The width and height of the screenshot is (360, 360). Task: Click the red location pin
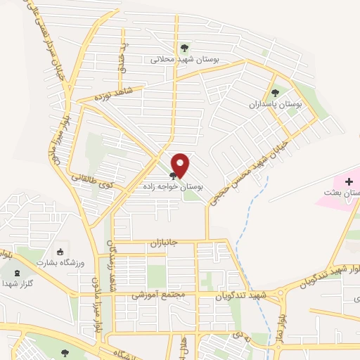coord(181,165)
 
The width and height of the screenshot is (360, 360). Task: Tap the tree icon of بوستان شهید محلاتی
coord(184,48)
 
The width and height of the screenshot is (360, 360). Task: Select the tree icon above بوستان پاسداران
coord(275,92)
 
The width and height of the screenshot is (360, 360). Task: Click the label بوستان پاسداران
coord(275,104)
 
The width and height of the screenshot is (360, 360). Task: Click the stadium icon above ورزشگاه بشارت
coord(60,252)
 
